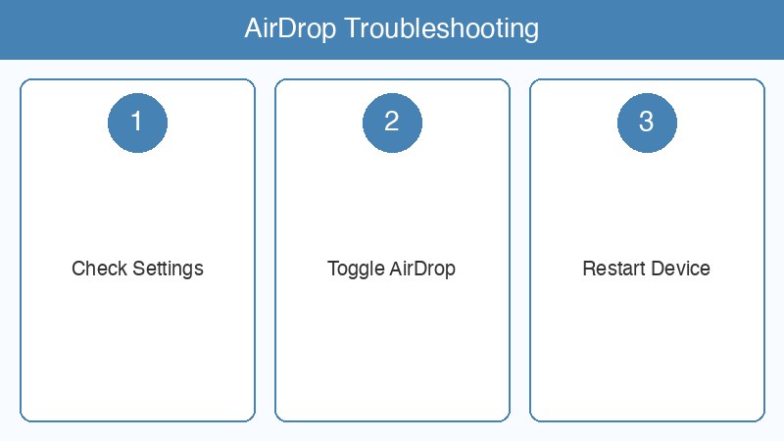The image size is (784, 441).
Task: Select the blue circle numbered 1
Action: coord(137,122)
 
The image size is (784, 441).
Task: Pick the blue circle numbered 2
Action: coord(392,122)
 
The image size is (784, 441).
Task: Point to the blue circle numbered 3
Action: coord(647,122)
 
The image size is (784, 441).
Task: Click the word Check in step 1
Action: coord(95,269)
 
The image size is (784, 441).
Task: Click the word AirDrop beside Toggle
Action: coord(423,269)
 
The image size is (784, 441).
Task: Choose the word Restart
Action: coord(612,269)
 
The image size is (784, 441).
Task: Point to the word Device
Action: coord(679,269)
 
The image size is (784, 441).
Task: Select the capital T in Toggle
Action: coord(332,269)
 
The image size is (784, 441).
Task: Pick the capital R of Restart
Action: coord(588,269)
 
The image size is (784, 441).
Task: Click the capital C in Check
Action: coord(78,269)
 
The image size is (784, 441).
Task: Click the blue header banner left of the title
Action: coord(118,29)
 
